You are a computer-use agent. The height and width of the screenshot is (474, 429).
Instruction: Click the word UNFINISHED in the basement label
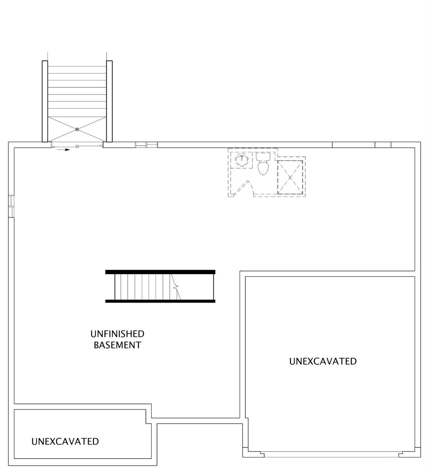[x=117, y=334]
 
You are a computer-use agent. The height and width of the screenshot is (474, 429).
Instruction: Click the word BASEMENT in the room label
[x=117, y=345]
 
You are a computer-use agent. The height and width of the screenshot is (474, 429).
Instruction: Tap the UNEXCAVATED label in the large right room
[x=323, y=361]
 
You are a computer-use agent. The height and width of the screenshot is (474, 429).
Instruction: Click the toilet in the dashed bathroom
[x=263, y=163]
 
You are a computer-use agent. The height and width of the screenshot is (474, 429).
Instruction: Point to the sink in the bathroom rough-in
[x=241, y=160]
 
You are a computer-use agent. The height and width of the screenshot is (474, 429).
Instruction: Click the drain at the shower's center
[x=290, y=177]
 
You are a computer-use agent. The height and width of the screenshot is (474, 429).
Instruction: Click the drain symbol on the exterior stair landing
[x=77, y=129]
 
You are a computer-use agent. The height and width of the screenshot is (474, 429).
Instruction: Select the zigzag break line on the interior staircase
[x=176, y=287]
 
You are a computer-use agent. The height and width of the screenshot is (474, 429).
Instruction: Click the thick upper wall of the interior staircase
[x=160, y=272]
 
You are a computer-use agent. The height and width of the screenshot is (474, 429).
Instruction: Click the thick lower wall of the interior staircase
[x=160, y=301]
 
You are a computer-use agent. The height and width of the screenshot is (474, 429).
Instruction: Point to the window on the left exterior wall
[x=11, y=206]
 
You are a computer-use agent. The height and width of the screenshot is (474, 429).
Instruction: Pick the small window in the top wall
[x=146, y=145]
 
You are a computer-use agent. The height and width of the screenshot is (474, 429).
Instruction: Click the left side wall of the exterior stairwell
[x=45, y=102]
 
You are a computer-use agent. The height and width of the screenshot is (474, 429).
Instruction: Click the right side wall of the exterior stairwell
[x=109, y=102]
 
